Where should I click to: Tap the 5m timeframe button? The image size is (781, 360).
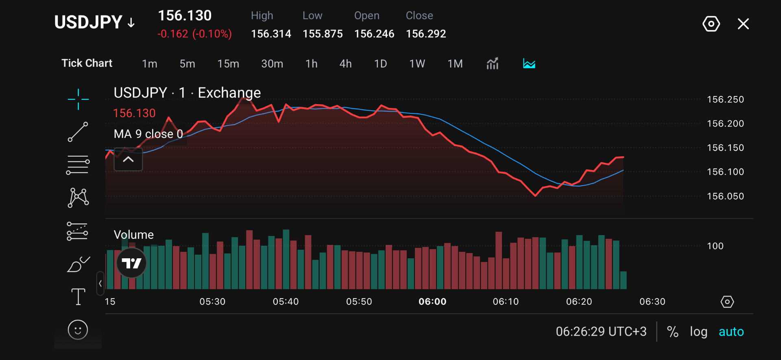click(x=187, y=64)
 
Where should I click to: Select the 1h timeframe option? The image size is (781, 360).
click(x=311, y=64)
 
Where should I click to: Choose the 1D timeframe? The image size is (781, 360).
click(x=380, y=64)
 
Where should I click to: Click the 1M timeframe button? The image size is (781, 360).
click(x=455, y=64)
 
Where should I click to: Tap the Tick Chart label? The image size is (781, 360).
click(x=87, y=63)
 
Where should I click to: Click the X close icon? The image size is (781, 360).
click(x=743, y=24)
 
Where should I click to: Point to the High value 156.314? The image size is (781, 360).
click(x=271, y=34)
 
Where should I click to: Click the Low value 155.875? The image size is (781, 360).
click(x=323, y=34)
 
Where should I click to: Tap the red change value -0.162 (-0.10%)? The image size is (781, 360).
click(x=194, y=34)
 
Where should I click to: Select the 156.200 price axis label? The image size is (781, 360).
click(x=725, y=124)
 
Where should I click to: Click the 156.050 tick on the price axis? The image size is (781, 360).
click(x=725, y=196)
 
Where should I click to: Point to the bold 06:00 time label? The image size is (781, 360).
click(x=432, y=301)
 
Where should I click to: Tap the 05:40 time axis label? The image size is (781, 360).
click(x=286, y=301)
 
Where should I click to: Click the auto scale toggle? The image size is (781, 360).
click(x=731, y=332)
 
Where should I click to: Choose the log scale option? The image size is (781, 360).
click(x=698, y=332)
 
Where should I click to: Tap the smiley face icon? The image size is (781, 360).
click(x=78, y=329)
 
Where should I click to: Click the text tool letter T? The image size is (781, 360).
click(x=78, y=297)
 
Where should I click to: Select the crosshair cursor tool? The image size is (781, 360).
click(x=78, y=99)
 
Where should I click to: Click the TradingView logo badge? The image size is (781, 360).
click(x=131, y=263)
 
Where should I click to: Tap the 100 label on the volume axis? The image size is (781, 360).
click(x=715, y=246)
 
